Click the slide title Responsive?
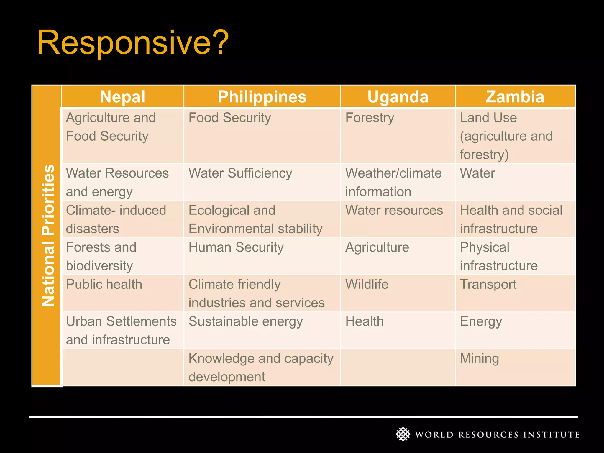click(x=133, y=43)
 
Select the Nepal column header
click(x=122, y=97)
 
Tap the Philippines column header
click(x=262, y=97)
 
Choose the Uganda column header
click(x=398, y=97)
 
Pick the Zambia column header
click(x=515, y=97)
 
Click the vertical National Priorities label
click(x=47, y=235)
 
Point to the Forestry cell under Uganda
click(x=370, y=118)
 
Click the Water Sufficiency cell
click(x=240, y=173)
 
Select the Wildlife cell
click(x=367, y=284)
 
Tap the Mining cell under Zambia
click(x=479, y=359)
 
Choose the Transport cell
click(x=488, y=284)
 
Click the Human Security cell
click(x=236, y=247)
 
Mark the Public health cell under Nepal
click(x=104, y=284)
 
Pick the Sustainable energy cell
click(x=245, y=321)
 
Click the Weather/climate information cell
click(x=393, y=182)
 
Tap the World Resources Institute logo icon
click(x=403, y=434)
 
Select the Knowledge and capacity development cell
click(x=261, y=367)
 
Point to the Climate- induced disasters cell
click(x=116, y=219)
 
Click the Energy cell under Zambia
click(x=481, y=321)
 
